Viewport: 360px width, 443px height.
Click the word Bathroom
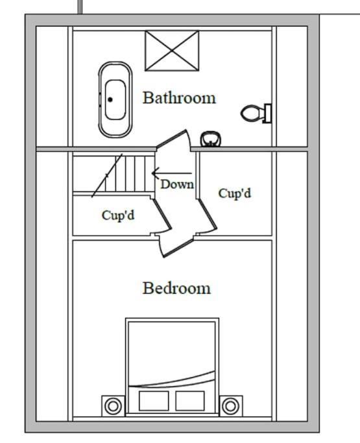[179, 98]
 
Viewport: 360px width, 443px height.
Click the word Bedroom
[176, 288]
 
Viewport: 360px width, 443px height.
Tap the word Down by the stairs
[177, 184]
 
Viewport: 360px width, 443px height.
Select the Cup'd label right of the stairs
[235, 193]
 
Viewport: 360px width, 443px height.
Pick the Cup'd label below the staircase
[118, 215]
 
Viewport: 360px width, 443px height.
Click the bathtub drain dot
[110, 99]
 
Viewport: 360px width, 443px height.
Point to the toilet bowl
[251, 113]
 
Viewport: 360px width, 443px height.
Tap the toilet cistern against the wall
[267, 114]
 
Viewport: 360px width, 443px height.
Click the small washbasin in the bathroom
[211, 139]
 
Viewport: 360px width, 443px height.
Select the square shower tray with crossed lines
[172, 51]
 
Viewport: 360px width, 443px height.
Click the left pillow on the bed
[154, 401]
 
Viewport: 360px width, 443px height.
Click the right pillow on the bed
[190, 401]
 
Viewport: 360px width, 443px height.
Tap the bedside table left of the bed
[113, 406]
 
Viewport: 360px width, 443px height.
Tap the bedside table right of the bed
[230, 406]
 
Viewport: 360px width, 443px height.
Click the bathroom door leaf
[171, 138]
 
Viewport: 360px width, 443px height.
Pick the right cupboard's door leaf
[208, 214]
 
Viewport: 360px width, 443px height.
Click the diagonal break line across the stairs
[107, 175]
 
